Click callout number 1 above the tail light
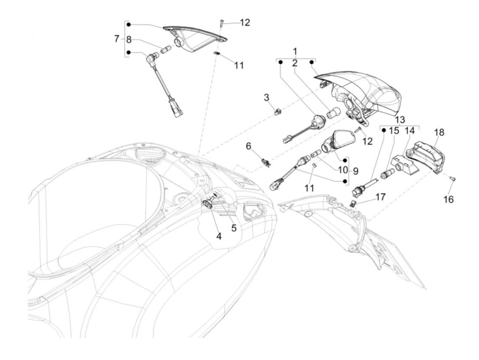(x=295, y=52)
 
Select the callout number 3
(x=267, y=98)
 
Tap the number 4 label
(x=219, y=236)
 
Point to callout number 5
(x=234, y=228)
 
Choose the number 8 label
(x=129, y=40)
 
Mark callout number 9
(x=356, y=171)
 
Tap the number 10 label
(x=342, y=170)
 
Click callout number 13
(x=399, y=120)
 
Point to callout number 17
(x=380, y=197)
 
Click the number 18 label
(x=439, y=132)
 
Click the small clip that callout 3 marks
(x=279, y=111)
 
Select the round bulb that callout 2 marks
(x=335, y=114)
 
